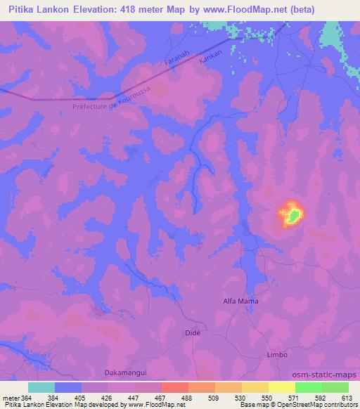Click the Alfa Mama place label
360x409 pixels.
pos(240,301)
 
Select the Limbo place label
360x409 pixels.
pos(278,355)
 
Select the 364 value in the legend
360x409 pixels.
pos(25,398)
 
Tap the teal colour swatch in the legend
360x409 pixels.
pos(41,387)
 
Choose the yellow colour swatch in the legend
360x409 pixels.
pos(281,387)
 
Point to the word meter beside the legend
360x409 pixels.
pos(11,398)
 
